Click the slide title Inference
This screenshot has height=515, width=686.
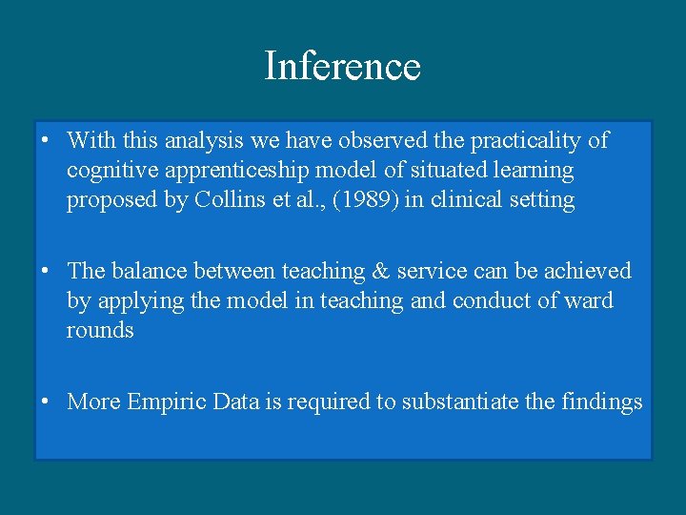342,67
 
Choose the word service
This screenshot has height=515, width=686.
429,272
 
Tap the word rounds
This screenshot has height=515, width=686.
100,331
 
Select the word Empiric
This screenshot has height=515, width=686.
166,402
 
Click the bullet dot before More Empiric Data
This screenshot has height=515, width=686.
46,402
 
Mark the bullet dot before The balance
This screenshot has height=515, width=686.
46,272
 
